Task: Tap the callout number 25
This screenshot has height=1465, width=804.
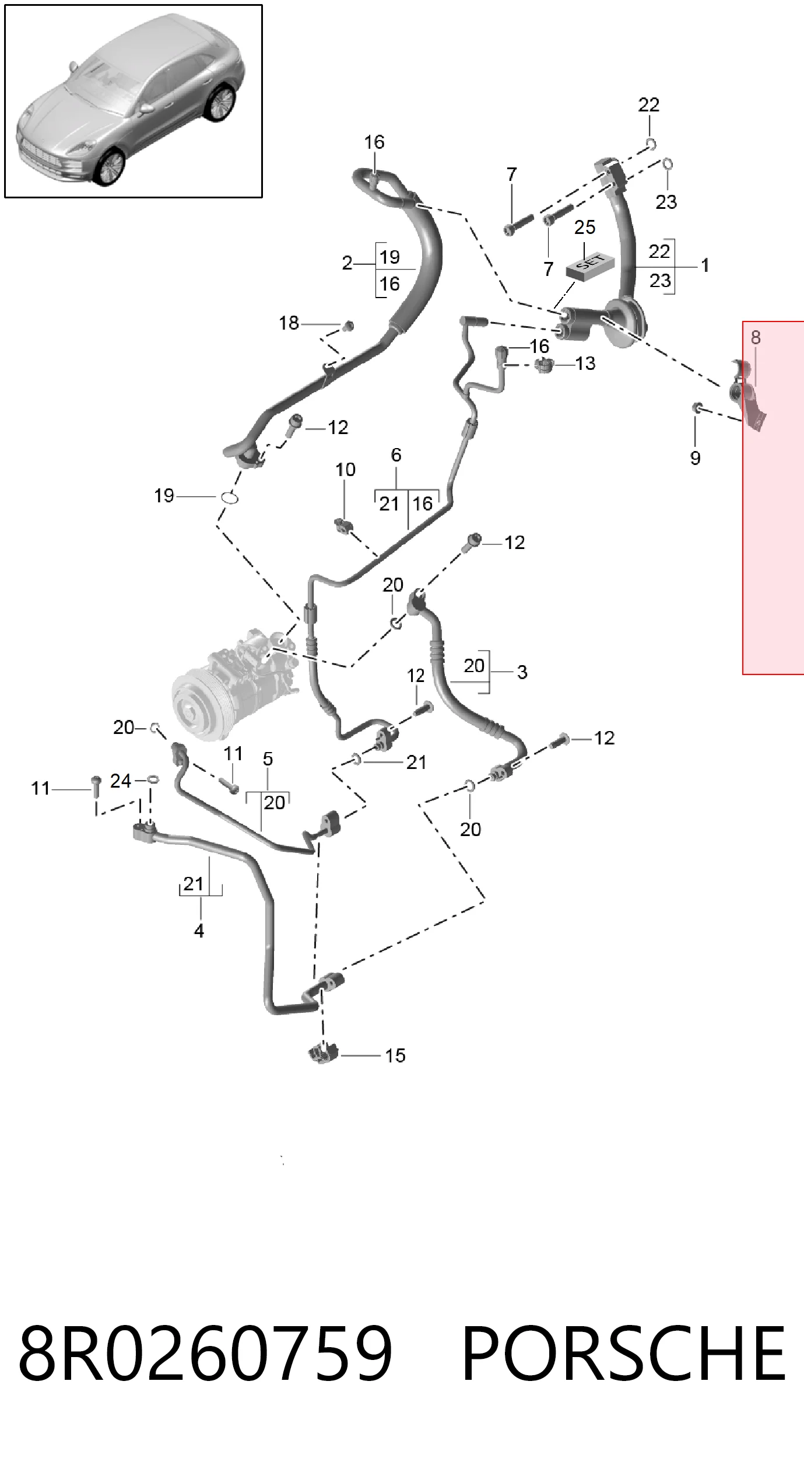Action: point(585,228)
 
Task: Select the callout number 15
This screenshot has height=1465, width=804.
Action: point(395,1055)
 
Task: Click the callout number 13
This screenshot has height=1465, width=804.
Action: point(585,363)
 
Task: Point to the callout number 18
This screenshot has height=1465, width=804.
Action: point(289,323)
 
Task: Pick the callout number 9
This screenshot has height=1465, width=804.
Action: point(695,458)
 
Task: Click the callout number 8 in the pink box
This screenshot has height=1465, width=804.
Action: point(756,337)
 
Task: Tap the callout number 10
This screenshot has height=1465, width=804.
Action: point(345,470)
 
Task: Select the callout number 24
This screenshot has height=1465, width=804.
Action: point(121,781)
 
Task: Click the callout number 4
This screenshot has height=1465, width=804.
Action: point(199,931)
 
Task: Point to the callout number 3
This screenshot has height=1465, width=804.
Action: point(522,672)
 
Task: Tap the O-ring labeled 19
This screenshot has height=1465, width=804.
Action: point(229,498)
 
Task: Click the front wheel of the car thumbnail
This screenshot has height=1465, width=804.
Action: point(110,167)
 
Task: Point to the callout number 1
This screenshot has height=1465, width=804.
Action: point(705,265)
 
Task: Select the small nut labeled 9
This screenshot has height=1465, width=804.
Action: point(697,407)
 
